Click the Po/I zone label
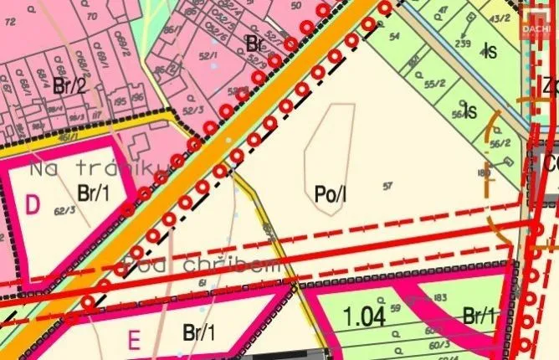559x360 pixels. coord(331,195)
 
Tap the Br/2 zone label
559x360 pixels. coord(69,85)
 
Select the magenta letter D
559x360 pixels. coord(33,203)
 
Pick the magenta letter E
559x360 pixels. coord(132,340)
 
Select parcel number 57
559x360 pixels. coord(387,185)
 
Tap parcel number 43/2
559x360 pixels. coord(501,18)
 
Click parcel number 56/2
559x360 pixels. coord(500,143)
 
